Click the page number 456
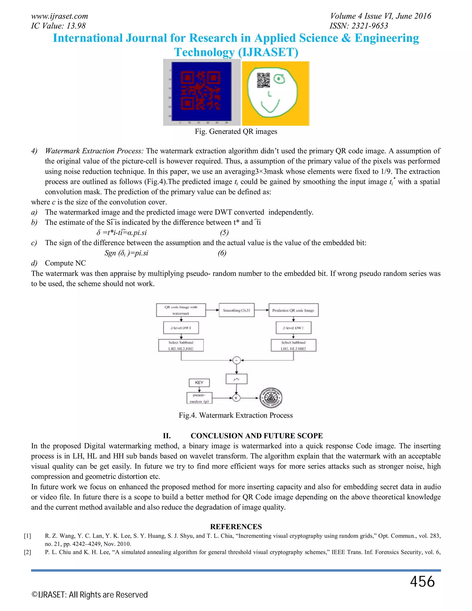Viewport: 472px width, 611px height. [x=422, y=582]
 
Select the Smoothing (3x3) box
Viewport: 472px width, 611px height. [x=236, y=310]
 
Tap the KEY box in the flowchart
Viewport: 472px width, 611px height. [x=199, y=383]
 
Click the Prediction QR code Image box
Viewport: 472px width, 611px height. [x=293, y=310]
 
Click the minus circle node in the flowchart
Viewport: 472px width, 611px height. [x=236, y=360]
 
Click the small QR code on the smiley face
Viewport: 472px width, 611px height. [x=263, y=80]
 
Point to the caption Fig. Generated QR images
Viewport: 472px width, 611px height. [x=236, y=131]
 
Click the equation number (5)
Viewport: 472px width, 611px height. [x=224, y=232]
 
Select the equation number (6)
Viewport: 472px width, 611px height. [x=222, y=253]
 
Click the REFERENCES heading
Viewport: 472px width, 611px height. [x=236, y=527]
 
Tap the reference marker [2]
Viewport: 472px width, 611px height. [x=27, y=552]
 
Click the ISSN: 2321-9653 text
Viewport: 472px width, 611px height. [x=359, y=26]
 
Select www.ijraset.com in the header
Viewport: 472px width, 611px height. [x=59, y=16]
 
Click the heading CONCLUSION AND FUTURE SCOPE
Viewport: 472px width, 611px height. [x=257, y=436]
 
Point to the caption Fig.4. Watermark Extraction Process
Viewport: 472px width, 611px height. [x=236, y=415]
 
